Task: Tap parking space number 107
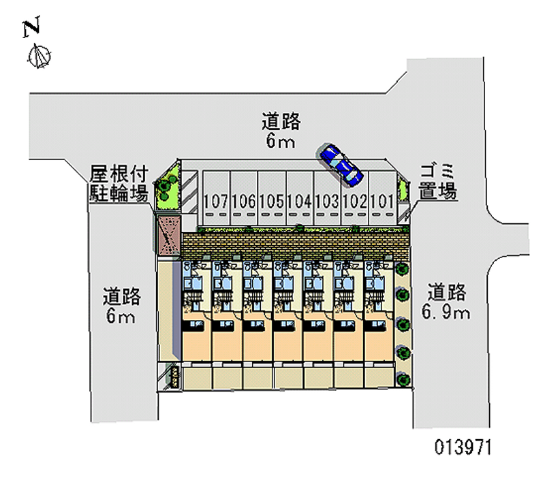pos(215,201)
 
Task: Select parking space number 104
pos(299,201)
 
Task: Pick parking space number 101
pos(381,201)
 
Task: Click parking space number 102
pos(355,201)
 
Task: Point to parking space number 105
pos(271,201)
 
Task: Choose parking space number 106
pos(243,201)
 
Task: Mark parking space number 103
pos(327,201)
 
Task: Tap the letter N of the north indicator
pos(31,28)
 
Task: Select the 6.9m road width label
pos(447,313)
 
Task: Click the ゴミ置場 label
pos(437,181)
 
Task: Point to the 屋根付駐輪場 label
pos(119,183)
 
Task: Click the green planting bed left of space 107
pos(167,187)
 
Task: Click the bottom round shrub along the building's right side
pos(403,379)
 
